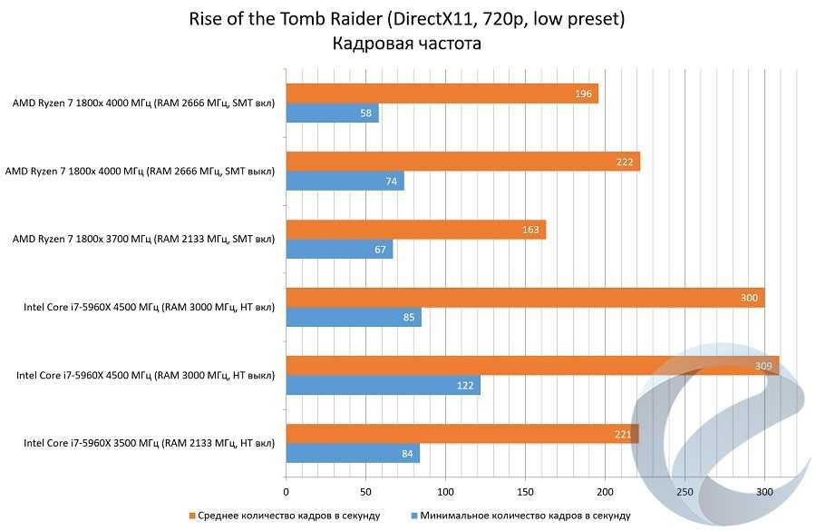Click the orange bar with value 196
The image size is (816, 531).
click(442, 94)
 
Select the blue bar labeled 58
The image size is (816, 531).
click(332, 113)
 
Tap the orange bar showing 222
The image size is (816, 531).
click(462, 162)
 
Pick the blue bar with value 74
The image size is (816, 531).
click(345, 182)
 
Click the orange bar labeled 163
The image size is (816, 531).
click(415, 230)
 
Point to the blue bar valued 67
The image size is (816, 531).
click(339, 250)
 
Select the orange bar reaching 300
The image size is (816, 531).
click(525, 298)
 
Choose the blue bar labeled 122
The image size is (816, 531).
click(383, 385)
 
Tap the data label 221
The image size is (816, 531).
click(623, 435)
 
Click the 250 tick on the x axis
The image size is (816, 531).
click(685, 491)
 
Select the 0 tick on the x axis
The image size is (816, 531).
click(287, 491)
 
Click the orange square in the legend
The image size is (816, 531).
click(192, 516)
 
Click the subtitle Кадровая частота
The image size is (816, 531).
click(406, 44)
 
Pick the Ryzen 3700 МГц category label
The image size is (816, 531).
click(142, 240)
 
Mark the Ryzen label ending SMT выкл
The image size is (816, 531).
click(140, 172)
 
